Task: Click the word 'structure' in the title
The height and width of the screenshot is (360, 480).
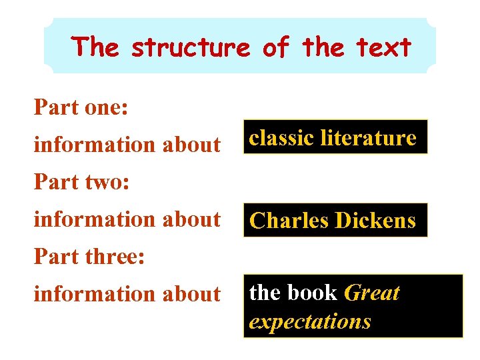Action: (190, 48)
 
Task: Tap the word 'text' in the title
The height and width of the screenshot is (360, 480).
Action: (385, 48)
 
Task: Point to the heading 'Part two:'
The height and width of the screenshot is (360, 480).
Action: (82, 181)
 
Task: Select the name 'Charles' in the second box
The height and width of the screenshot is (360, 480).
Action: (288, 221)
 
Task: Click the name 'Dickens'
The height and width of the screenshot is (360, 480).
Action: (375, 221)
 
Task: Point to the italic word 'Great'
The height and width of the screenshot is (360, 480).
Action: (372, 293)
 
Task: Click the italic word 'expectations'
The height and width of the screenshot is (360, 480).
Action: (310, 321)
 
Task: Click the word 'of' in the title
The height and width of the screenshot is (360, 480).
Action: (275, 48)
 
